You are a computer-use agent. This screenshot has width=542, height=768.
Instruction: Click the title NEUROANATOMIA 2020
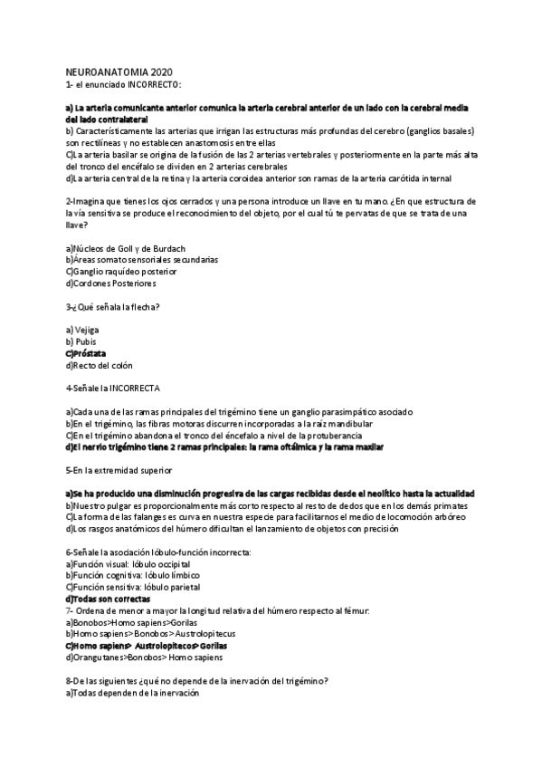coord(118,72)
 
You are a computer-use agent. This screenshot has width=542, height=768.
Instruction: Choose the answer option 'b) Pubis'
coord(81,341)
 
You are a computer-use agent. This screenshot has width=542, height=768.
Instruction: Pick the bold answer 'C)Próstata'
coord(86,353)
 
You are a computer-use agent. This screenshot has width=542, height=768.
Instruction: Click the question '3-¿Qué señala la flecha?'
coord(113,306)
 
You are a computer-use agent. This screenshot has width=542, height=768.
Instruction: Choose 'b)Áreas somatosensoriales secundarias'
coord(142,259)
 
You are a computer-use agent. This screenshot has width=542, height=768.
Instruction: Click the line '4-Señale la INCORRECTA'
coord(113,389)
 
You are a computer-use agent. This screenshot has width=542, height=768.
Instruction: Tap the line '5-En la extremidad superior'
coord(119,471)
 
